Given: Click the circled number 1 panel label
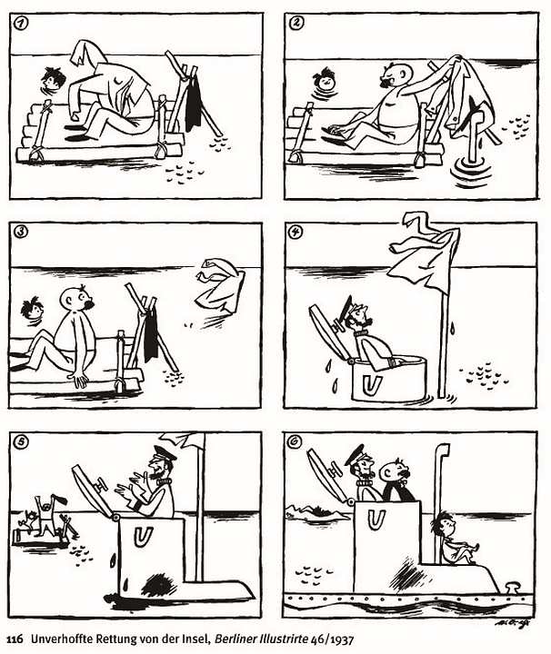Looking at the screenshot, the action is pos(20,24).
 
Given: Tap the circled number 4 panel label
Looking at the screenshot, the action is pos(296,233).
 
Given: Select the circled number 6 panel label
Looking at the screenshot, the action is pos(295,442).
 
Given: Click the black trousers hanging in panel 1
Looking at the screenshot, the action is pos(194,102).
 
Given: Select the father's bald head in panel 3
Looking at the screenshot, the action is pos(74,298).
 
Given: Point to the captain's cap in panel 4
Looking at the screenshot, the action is pos(349,306).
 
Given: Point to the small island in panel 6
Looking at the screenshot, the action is pos(316,512).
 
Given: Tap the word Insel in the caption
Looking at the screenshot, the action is pos(199,639).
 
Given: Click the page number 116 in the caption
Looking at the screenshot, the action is pos(15,639).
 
